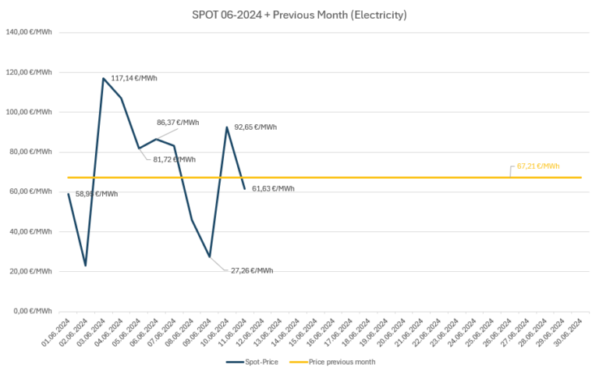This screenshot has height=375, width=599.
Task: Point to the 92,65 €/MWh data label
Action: tap(255, 127)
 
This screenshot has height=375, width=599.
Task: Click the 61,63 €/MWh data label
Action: tap(273, 188)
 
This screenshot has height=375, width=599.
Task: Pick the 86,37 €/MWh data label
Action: tap(178, 123)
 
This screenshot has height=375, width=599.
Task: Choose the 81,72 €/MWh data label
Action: tap(174, 159)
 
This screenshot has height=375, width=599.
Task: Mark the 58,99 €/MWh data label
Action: tap(97, 194)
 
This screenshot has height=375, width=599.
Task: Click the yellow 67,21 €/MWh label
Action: tap(538, 166)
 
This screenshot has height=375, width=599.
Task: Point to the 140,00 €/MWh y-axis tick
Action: tap(29, 32)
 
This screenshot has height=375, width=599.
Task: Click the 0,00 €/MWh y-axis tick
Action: tap(33, 311)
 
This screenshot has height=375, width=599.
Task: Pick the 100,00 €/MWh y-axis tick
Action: tap(29, 112)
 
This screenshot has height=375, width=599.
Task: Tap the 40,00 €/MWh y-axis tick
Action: tap(30, 231)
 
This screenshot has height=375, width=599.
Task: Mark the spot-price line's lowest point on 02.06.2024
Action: tap(85, 266)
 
